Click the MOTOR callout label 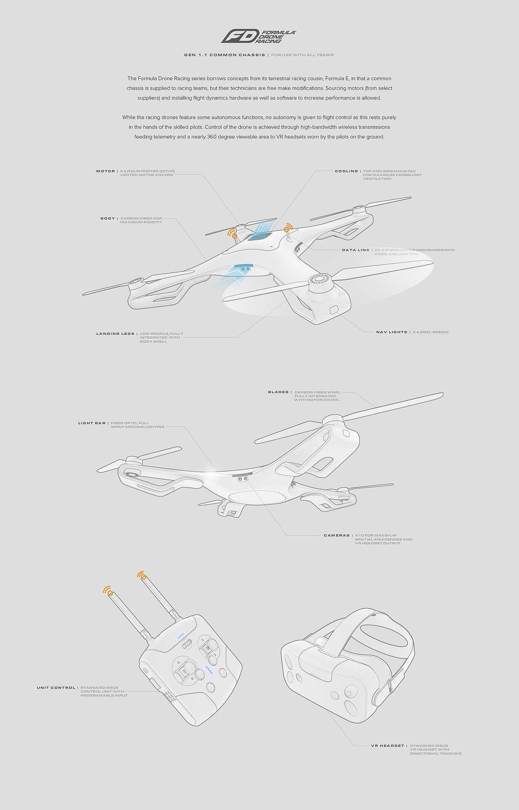[105, 171]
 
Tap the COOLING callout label [346, 171]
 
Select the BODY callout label [108, 218]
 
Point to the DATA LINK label [356, 250]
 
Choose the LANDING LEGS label [115, 334]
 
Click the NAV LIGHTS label [391, 332]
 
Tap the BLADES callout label [278, 392]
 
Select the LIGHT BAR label [92, 423]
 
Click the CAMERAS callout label [337, 535]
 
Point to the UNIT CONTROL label [56, 687]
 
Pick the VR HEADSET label [387, 746]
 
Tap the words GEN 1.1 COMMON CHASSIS [224, 55]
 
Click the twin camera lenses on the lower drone [243, 479]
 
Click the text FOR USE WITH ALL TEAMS [302, 55]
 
